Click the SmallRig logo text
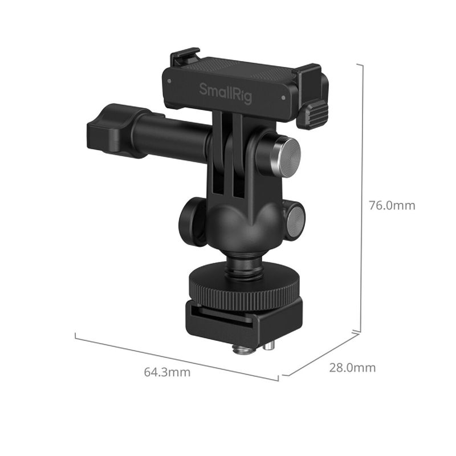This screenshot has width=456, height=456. [225, 93]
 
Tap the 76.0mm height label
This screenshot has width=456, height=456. [392, 205]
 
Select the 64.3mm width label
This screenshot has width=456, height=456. [167, 372]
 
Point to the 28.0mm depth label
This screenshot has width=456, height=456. [352, 368]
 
